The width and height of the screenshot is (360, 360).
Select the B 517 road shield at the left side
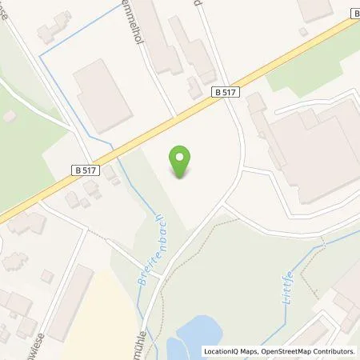[x=85, y=169]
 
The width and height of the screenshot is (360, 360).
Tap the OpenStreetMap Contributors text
[x=308, y=351]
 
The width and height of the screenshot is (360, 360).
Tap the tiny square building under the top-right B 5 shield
[x=302, y=31]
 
